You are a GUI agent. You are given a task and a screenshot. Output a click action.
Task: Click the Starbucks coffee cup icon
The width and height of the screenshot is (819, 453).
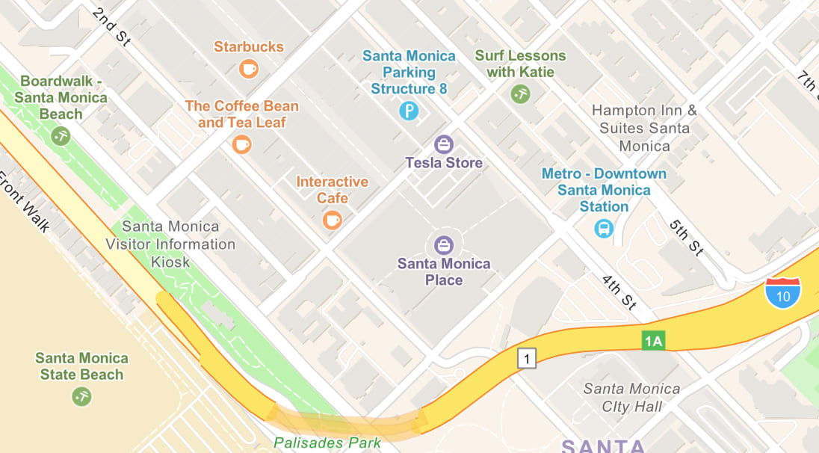[x=249, y=70]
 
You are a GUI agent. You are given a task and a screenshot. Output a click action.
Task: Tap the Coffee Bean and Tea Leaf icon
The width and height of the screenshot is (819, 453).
[x=241, y=144]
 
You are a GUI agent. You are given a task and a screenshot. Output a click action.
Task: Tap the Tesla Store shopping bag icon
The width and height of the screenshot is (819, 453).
[x=444, y=143]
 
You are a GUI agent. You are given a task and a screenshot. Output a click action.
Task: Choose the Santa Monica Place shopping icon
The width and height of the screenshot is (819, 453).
[x=444, y=244]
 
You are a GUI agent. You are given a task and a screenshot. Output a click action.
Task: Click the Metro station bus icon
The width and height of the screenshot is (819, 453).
[x=604, y=228]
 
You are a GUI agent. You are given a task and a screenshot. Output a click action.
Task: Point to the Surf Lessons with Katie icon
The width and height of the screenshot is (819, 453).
[x=520, y=94]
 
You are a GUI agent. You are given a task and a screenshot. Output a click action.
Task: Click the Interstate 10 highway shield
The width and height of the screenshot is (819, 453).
[x=782, y=292]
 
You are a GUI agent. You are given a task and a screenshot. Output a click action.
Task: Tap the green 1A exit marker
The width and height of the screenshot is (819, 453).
[x=653, y=341]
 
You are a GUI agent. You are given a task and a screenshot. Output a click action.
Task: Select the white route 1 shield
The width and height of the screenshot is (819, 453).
[x=528, y=359]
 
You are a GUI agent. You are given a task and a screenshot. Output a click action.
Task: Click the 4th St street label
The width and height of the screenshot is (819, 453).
[x=619, y=292]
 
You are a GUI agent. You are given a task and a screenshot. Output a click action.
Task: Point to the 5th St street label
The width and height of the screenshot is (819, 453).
[x=686, y=238]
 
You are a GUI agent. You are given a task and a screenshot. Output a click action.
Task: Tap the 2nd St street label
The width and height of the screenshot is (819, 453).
[x=111, y=28]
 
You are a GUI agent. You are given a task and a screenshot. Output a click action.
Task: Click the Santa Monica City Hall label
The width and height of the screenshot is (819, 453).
[x=632, y=398]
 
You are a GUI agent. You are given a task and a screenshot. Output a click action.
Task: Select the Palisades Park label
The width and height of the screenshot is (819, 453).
[x=327, y=443]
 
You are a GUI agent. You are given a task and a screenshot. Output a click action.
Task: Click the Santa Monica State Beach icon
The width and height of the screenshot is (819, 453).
[x=81, y=396]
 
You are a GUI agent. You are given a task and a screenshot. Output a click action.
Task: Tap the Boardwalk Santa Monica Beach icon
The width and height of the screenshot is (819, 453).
[x=61, y=136]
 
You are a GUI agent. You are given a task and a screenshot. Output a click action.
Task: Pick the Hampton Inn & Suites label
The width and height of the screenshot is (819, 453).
[x=644, y=128]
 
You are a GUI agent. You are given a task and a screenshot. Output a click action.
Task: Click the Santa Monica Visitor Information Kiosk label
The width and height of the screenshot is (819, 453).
[x=170, y=244]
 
